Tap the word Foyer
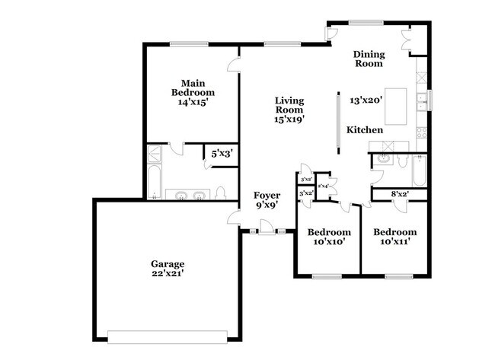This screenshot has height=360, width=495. [x=267, y=196]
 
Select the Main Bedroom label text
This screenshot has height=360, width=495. [x=190, y=87]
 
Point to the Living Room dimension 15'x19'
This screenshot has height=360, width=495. [x=289, y=119]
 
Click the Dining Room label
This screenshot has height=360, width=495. [x=369, y=59]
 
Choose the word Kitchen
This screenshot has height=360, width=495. [x=365, y=130]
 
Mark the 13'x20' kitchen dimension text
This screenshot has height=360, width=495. [x=366, y=99]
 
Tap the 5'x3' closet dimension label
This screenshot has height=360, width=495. [x=221, y=153]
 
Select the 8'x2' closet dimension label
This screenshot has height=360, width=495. [x=399, y=194]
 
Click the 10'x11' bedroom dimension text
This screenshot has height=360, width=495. [x=394, y=242]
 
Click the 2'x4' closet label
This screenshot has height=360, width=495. [x=323, y=185]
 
